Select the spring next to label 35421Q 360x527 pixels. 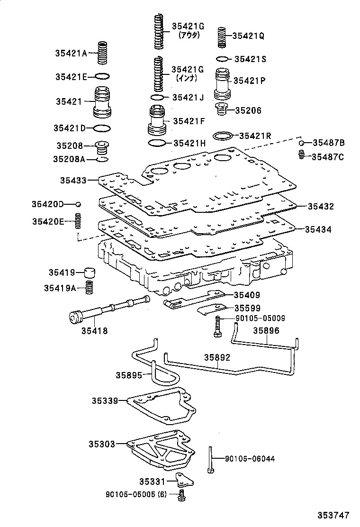pyautogui.click(x=221, y=37)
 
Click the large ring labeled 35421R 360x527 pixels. pyautogui.click(x=222, y=136)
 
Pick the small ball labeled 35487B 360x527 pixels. pyautogui.click(x=301, y=143)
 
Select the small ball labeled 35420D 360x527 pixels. pyautogui.click(x=79, y=204)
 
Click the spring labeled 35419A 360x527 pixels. pyautogui.click(x=89, y=288)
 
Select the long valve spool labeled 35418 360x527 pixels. pyautogui.click(x=109, y=310)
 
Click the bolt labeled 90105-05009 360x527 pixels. pyautogui.click(x=217, y=327)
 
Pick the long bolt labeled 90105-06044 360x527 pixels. pyautogui.click(x=209, y=459)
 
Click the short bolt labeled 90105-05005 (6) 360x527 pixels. pyautogui.click(x=181, y=496)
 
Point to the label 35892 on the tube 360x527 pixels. pyautogui.click(x=217, y=357)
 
